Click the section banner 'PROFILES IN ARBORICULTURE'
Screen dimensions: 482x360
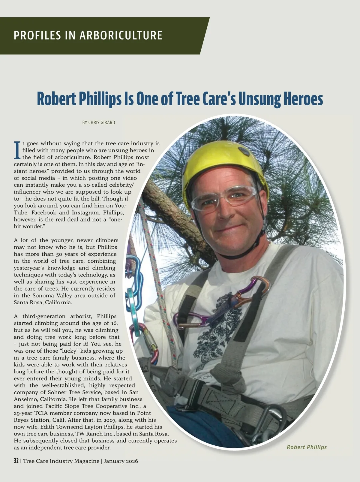tap(88, 35)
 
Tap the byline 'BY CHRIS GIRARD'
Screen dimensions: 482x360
tap(99, 122)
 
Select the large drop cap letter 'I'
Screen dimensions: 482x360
tap(17, 150)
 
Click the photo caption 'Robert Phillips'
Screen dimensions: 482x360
tap(306, 447)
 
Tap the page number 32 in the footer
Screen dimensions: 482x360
tap(16, 461)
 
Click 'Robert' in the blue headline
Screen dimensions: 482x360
tap(56, 99)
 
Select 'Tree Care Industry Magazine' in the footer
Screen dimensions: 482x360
tap(61, 461)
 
